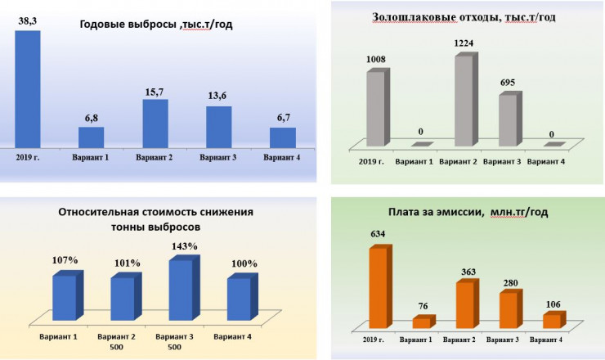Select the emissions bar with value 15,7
pyautogui.click(x=155, y=124)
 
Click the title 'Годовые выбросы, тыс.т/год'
pyautogui.click(x=155, y=24)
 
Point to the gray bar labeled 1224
pyautogui.click(x=464, y=101)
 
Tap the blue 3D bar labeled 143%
pyautogui.click(x=181, y=289)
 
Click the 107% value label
pyautogui.click(x=65, y=261)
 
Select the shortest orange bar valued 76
pyautogui.click(x=422, y=322)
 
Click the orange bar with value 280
pyautogui.click(x=509, y=310)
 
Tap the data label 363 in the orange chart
pyautogui.click(x=466, y=271)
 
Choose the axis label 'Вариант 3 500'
pyautogui.click(x=175, y=340)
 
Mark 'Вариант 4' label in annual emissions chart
pyautogui.click(x=282, y=157)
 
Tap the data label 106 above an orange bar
pyautogui.click(x=553, y=304)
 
